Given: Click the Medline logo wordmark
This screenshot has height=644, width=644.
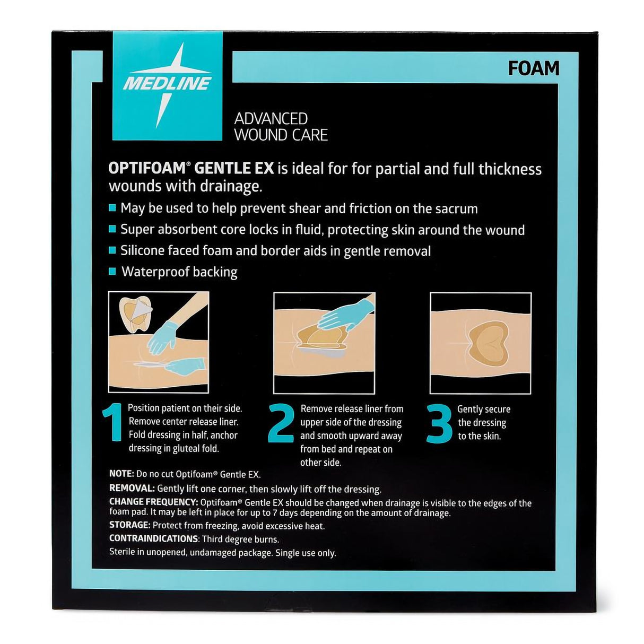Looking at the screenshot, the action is [x=167, y=83].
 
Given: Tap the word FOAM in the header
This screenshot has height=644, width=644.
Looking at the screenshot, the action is [x=533, y=68].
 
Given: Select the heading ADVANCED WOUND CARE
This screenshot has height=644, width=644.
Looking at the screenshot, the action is [x=281, y=127].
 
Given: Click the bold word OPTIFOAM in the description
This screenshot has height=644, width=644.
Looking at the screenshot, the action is [x=147, y=168].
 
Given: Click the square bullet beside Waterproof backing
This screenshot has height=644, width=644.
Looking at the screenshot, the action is [x=112, y=272].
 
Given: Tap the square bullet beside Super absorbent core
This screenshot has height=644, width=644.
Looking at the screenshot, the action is [x=112, y=229].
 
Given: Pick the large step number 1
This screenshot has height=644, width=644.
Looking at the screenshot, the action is [x=113, y=422].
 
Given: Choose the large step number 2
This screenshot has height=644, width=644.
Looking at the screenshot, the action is [x=281, y=423].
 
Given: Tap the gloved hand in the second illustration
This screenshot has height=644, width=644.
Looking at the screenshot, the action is [x=343, y=314].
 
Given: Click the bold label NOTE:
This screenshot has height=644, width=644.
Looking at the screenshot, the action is [x=121, y=474].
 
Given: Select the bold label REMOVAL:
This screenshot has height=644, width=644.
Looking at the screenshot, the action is [x=132, y=488].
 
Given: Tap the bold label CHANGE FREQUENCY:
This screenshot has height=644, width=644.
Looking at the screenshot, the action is [x=154, y=502].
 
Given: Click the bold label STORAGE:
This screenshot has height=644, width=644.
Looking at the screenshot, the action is [x=129, y=525].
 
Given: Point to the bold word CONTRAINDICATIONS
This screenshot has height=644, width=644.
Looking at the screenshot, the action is [x=153, y=539].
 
